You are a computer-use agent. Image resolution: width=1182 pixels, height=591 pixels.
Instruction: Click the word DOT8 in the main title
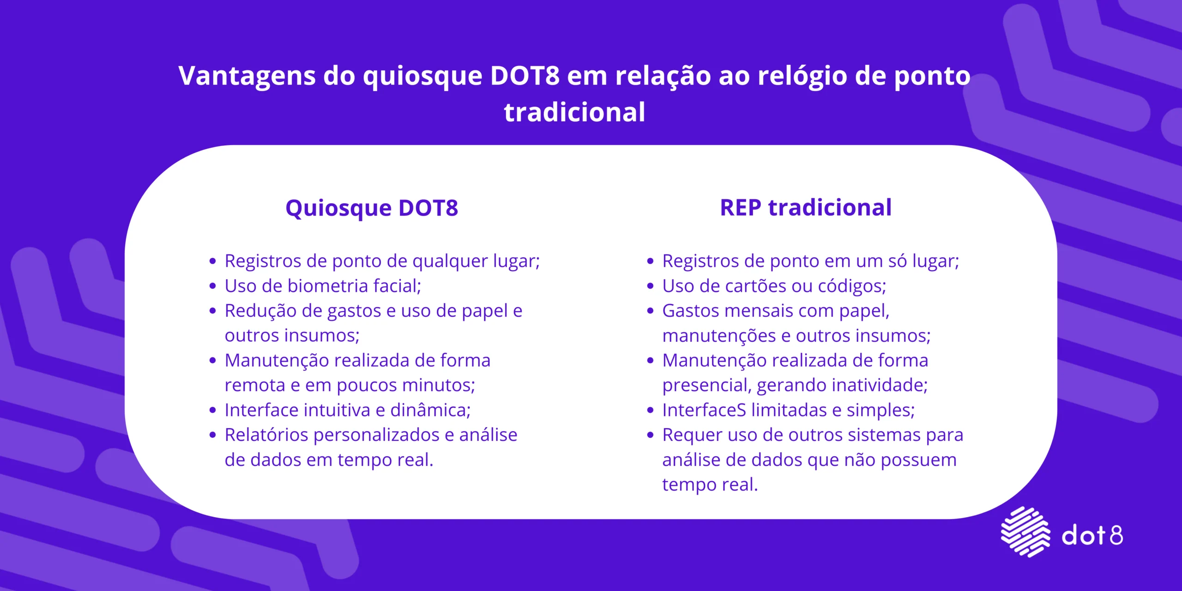(525, 76)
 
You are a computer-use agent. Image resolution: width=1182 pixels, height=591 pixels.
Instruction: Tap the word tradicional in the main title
(574, 112)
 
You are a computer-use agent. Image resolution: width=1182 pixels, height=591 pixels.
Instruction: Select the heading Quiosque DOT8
(372, 208)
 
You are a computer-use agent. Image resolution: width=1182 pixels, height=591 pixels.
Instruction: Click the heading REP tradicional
(806, 207)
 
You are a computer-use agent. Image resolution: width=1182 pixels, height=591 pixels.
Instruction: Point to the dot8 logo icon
(1025, 531)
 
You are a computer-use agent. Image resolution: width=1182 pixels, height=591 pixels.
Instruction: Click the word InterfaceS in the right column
(704, 410)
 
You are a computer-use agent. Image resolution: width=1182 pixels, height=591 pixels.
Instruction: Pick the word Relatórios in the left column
(266, 435)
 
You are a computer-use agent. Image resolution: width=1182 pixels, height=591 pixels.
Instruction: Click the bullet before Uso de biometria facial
(212, 286)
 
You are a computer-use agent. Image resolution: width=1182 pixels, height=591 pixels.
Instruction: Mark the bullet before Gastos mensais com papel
(650, 311)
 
